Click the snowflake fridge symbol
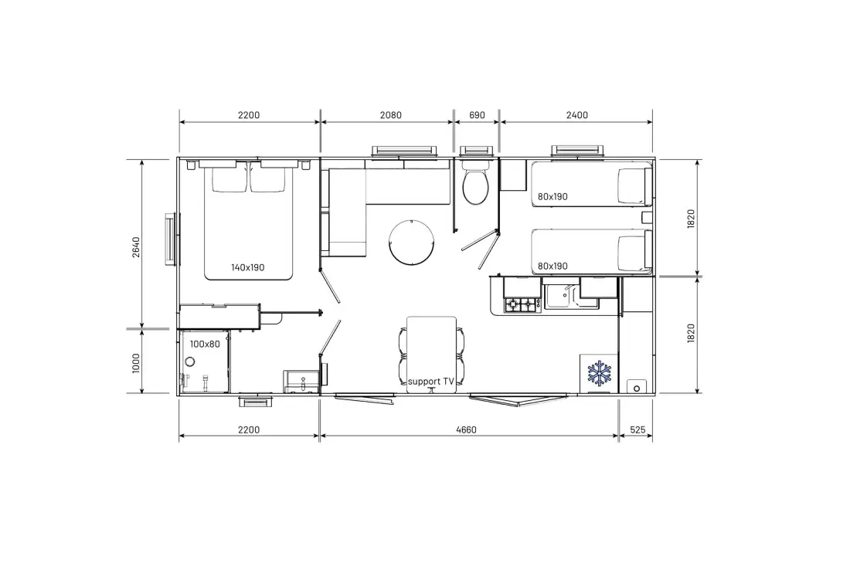[x=599, y=373]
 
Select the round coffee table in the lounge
[x=411, y=243]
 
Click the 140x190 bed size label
[x=248, y=267]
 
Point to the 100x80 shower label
[x=205, y=344]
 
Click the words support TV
[x=431, y=382]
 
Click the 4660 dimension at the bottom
[x=466, y=429]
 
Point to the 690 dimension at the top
[x=477, y=115]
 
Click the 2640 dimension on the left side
[x=136, y=247]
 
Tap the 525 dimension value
[x=637, y=429]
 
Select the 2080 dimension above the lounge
[x=391, y=115]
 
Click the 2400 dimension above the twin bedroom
[x=576, y=115]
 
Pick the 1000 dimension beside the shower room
[x=136, y=362]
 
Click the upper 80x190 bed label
[x=552, y=197]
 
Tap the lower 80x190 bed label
[x=552, y=267]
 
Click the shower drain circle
[x=190, y=361]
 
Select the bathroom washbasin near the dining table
[x=301, y=382]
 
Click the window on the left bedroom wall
[x=172, y=239]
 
